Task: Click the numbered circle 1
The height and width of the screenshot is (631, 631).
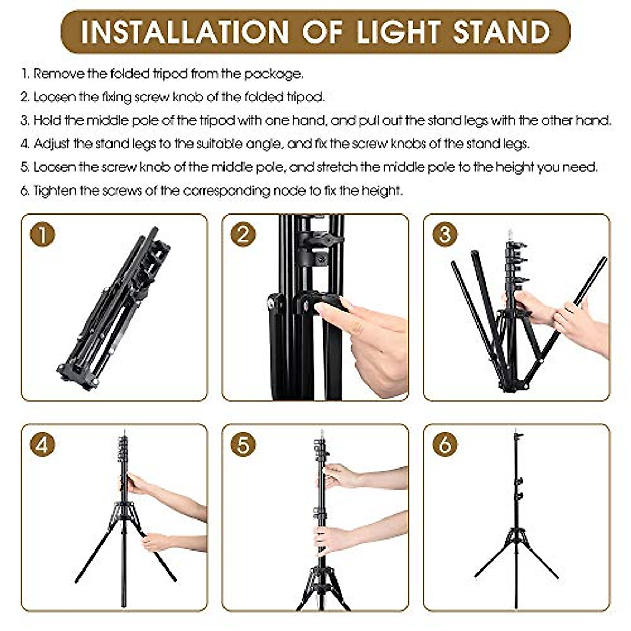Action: [43, 235]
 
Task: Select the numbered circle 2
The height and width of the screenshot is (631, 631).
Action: [243, 235]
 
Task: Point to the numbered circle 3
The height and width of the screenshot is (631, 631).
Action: [445, 235]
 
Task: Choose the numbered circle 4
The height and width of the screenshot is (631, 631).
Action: [43, 445]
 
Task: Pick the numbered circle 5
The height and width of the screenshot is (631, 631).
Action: [243, 445]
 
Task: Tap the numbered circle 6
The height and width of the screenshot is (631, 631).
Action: [445, 445]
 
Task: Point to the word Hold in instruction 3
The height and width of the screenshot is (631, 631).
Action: [46, 120]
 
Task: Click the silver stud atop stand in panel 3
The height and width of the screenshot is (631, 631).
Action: [509, 232]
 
